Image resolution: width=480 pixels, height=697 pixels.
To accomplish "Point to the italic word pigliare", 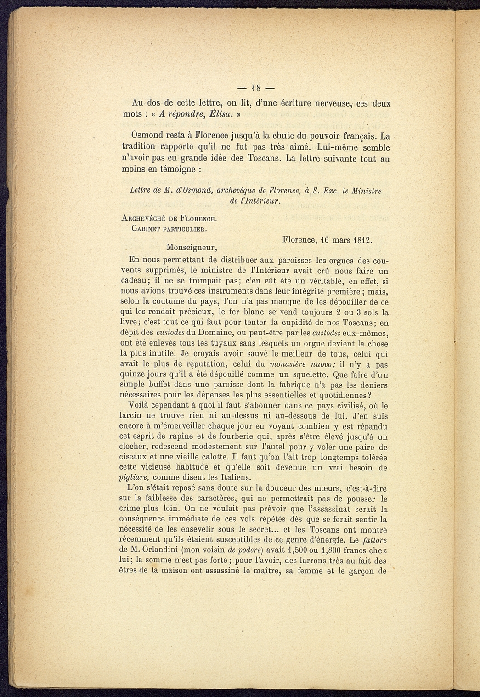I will (x=133, y=477).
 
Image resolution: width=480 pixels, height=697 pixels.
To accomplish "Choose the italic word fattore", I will (x=374, y=540).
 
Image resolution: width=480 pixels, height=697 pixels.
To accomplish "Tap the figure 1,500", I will (x=294, y=550).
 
